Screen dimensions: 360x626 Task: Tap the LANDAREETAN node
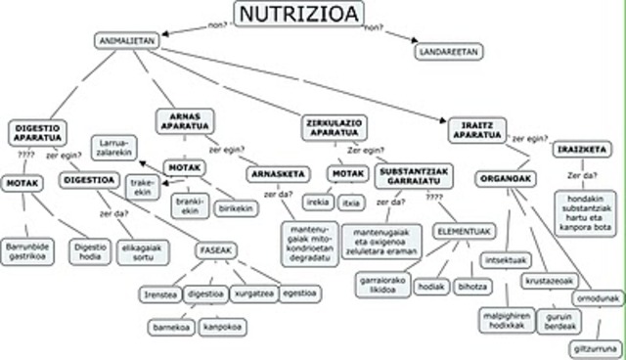(448, 50)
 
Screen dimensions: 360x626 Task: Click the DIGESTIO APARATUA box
(38, 132)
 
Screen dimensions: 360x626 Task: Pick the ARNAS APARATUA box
(185, 120)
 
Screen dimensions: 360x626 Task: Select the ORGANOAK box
(508, 179)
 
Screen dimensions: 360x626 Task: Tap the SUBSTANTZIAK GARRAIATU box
(412, 175)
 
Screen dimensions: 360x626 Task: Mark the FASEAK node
(215, 250)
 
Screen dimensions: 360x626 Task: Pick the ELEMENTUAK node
(465, 231)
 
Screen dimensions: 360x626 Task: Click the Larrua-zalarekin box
(119, 148)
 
